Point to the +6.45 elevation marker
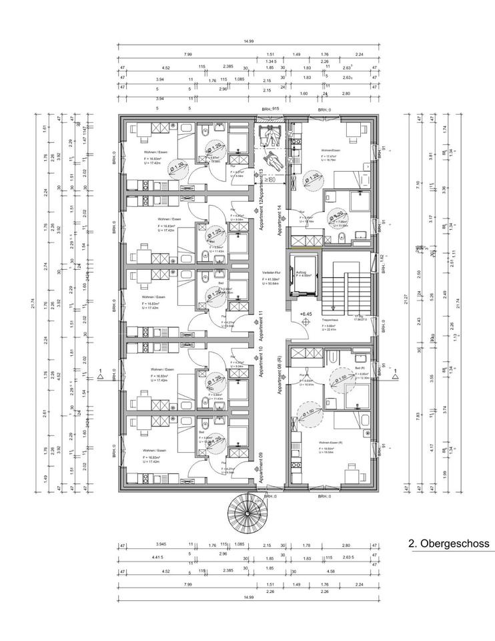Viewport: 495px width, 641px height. (306, 313)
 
